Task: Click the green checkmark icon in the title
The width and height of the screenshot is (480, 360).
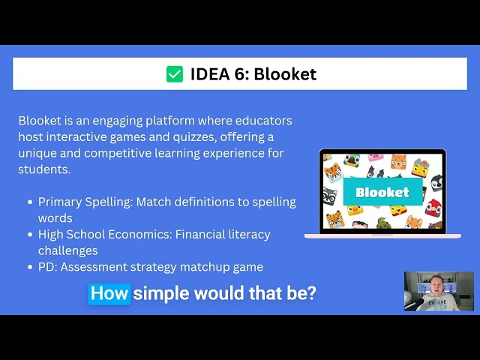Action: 174,73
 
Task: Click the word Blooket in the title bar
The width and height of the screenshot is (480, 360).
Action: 285,73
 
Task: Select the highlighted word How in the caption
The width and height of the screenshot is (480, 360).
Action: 109,293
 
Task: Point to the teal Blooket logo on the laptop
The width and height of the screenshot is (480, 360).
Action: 382,192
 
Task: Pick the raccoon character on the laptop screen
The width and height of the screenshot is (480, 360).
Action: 330,196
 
